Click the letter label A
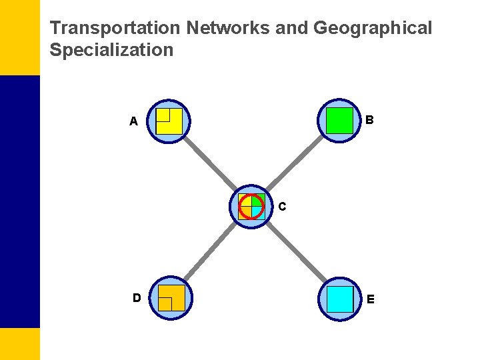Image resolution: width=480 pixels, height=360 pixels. tap(134, 122)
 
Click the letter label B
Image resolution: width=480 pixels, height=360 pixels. tap(370, 121)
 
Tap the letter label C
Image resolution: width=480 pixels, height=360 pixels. tap(283, 207)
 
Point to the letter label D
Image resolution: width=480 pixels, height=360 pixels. tap(136, 297)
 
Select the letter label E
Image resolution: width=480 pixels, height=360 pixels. tap(371, 299)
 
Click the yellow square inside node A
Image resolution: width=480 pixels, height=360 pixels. tap(169, 121)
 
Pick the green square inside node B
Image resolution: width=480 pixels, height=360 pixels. tap(340, 121)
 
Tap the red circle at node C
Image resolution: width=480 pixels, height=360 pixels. tap(251, 206)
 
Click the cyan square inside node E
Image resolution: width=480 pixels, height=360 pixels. tap(340, 299)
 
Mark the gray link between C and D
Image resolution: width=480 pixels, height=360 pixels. tap(210, 251)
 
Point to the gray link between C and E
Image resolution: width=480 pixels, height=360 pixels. tap(295, 251)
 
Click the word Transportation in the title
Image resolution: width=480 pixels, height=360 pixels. tap(116, 29)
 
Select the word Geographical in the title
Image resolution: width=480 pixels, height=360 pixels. tap(373, 29)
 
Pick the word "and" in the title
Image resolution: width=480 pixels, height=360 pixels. tap(290, 29)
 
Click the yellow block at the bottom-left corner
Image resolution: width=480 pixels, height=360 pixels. tap(20, 343)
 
